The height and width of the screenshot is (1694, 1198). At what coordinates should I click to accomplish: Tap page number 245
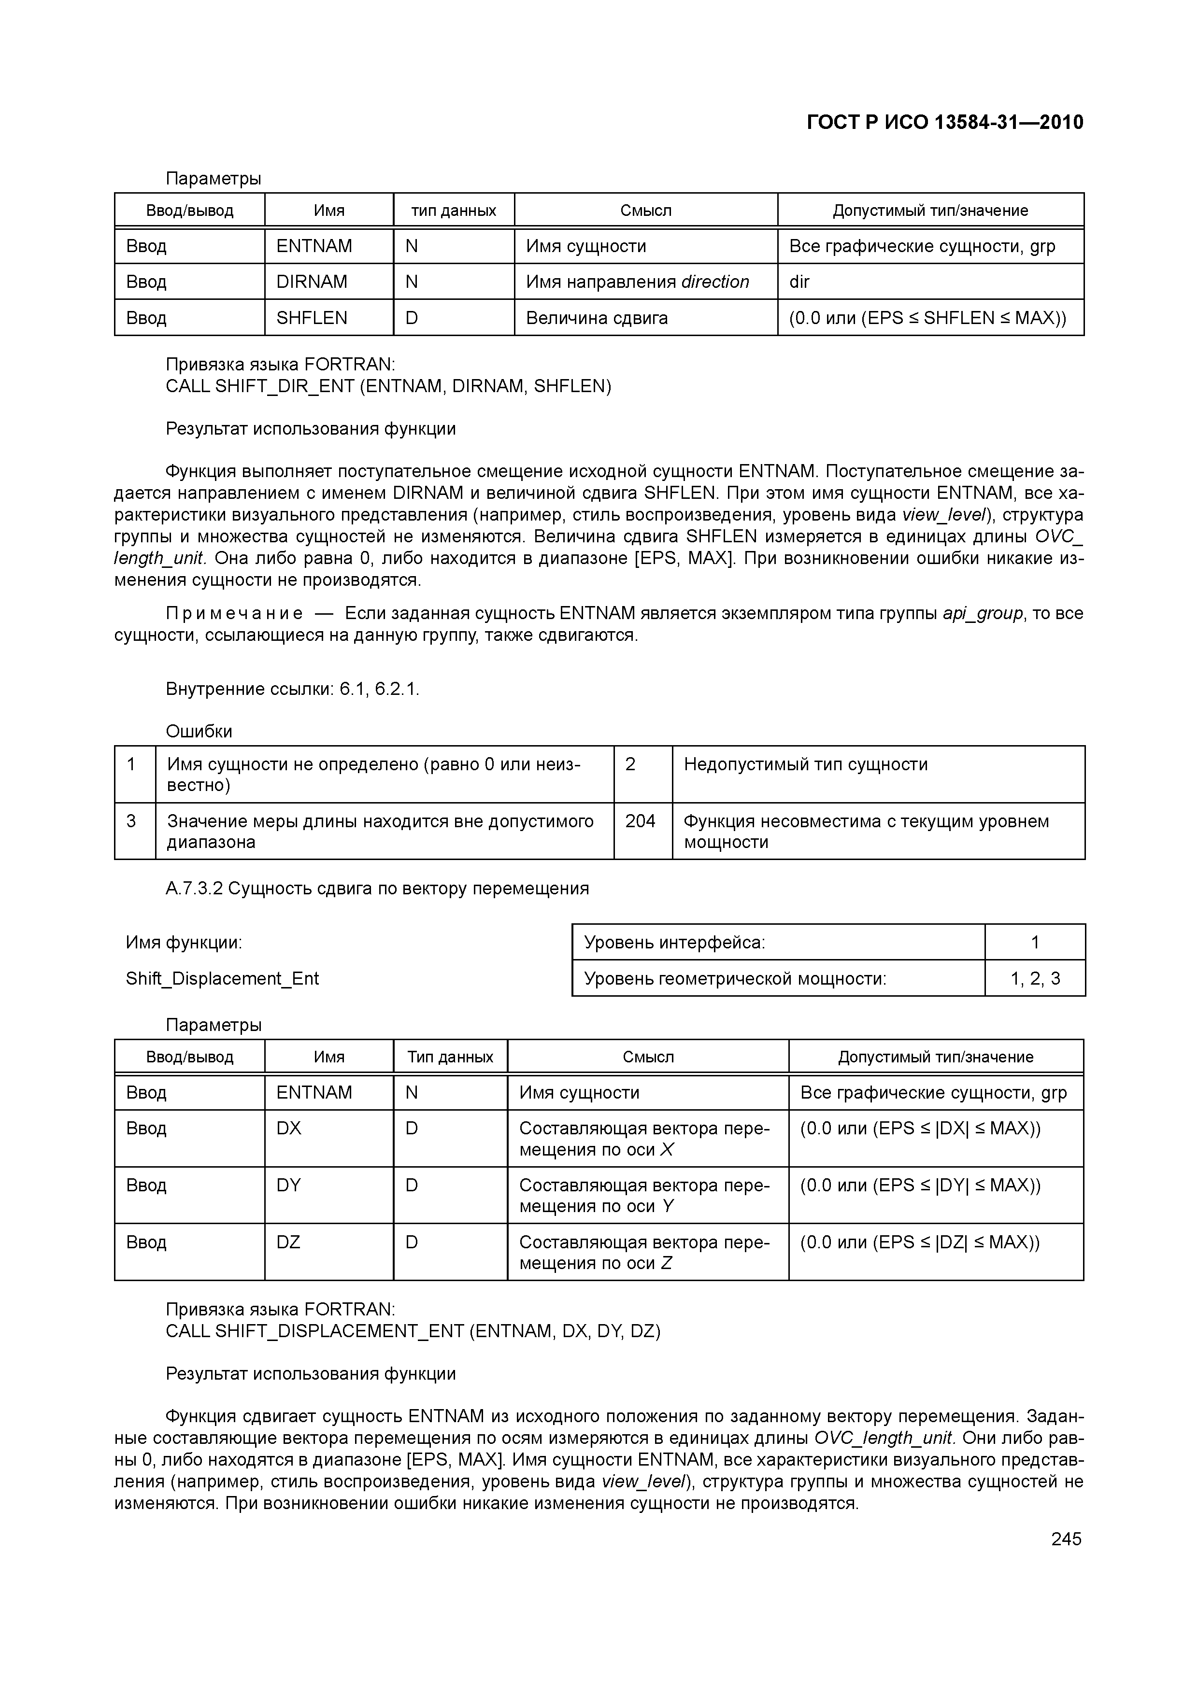pyautogui.click(x=1066, y=1539)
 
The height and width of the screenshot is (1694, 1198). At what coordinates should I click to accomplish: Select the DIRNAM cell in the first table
pyautogui.click(x=312, y=282)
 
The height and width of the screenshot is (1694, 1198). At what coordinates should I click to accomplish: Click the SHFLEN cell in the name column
pyautogui.click(x=312, y=318)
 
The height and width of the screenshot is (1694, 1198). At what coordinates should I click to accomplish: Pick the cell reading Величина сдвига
pyautogui.click(x=597, y=318)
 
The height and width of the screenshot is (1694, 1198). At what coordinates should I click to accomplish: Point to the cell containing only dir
pyautogui.click(x=799, y=282)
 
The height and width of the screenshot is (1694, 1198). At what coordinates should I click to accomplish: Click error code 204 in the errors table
pyautogui.click(x=640, y=821)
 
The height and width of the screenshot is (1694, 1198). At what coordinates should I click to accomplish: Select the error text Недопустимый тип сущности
pyautogui.click(x=805, y=764)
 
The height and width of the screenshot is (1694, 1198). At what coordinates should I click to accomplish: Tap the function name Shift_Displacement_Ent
pyautogui.click(x=222, y=978)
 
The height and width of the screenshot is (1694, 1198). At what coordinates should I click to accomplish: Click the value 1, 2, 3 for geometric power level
pyautogui.click(x=1035, y=978)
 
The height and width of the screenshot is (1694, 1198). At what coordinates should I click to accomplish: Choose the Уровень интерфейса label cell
pyautogui.click(x=675, y=942)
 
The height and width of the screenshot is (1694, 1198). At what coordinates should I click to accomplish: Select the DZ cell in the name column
pyautogui.click(x=288, y=1242)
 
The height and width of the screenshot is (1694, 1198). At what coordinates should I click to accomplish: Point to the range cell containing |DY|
pyautogui.click(x=920, y=1185)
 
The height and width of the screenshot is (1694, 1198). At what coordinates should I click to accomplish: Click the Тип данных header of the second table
pyautogui.click(x=450, y=1057)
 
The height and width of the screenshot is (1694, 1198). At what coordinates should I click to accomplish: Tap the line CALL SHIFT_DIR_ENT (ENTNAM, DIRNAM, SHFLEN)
pyautogui.click(x=388, y=386)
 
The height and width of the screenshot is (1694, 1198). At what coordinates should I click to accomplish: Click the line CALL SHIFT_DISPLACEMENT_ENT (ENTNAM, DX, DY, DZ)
pyautogui.click(x=413, y=1331)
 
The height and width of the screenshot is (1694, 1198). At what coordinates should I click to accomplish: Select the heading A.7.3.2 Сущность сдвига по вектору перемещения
pyautogui.click(x=377, y=889)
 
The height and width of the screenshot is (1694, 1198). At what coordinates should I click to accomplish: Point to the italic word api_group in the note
pyautogui.click(x=983, y=614)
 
